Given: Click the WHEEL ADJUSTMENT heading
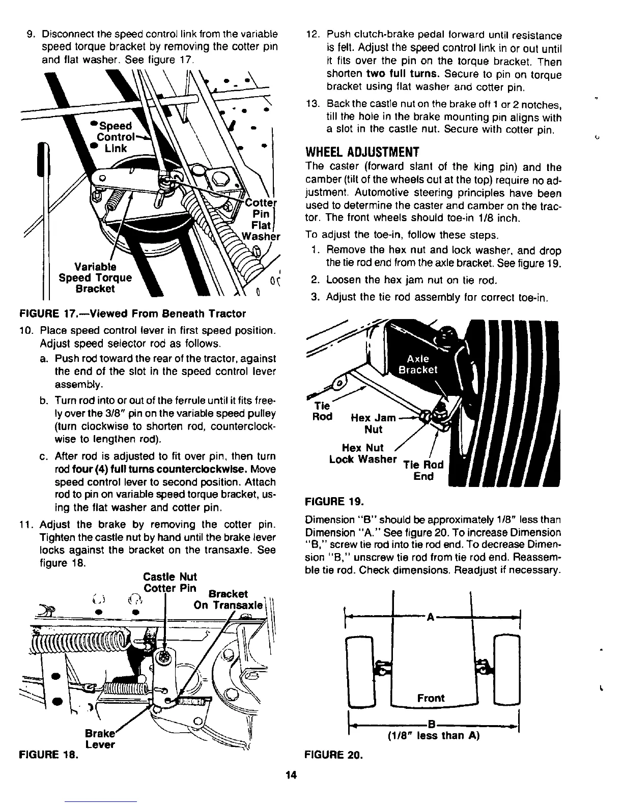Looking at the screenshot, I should [x=361, y=152].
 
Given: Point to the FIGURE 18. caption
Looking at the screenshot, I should [x=48, y=755].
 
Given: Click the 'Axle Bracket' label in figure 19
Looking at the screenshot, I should [x=417, y=364].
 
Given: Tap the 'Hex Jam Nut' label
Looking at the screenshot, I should [x=373, y=423].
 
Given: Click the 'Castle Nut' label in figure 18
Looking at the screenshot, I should [x=170, y=577].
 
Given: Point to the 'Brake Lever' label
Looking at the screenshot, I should [x=99, y=739].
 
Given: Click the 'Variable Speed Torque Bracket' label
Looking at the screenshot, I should [x=95, y=278].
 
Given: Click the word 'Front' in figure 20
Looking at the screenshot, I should [x=431, y=698].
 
